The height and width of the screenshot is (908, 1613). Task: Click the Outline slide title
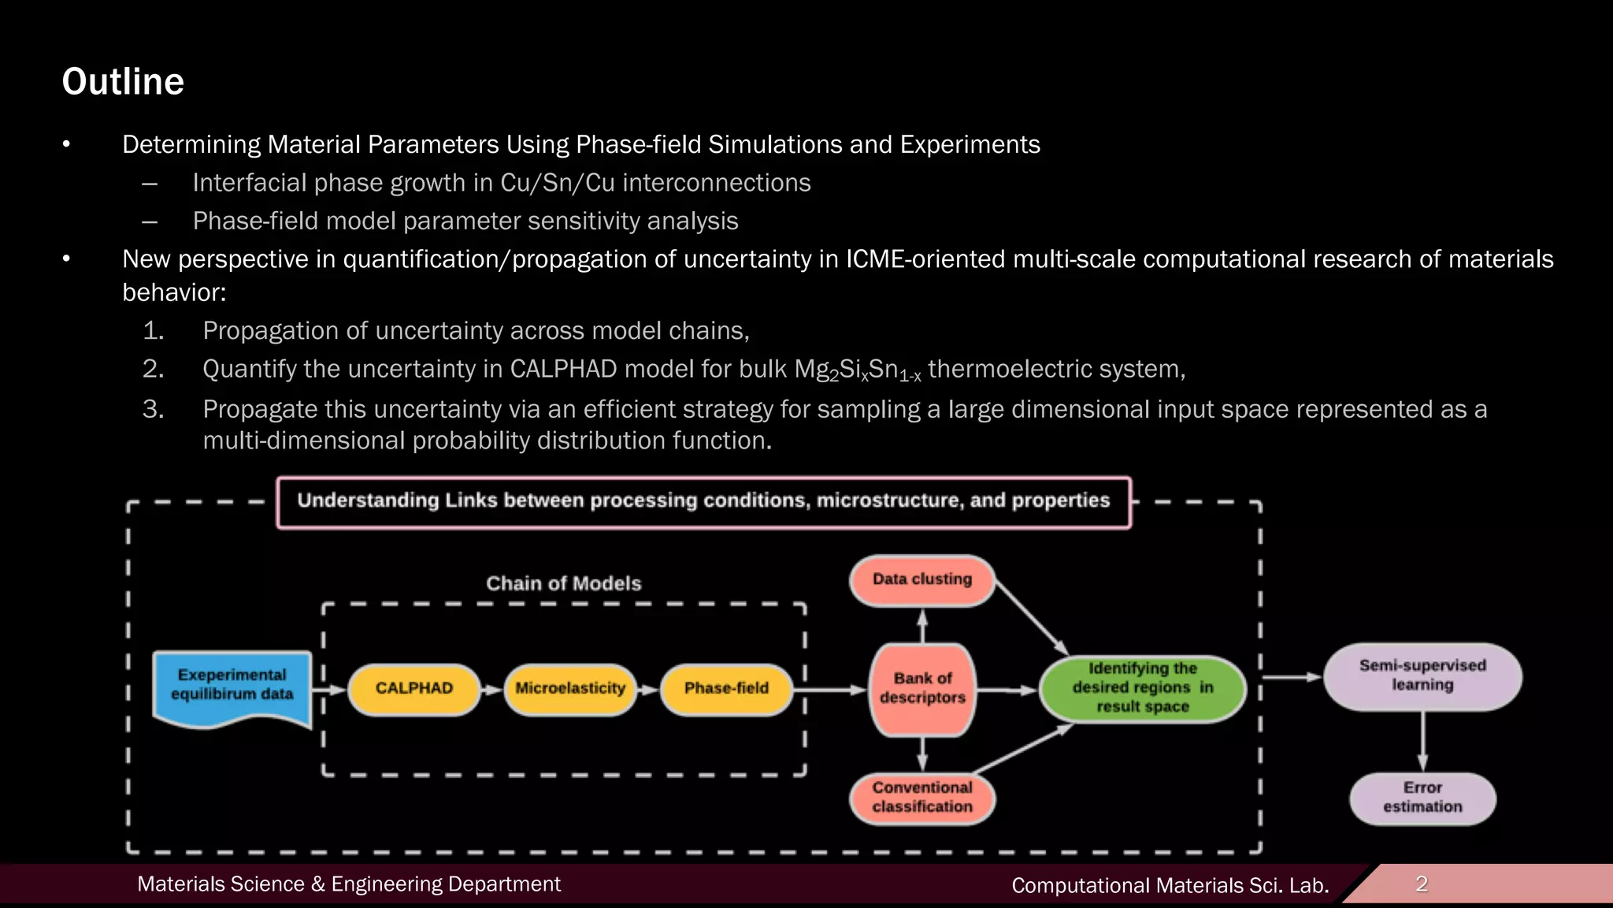point(123,82)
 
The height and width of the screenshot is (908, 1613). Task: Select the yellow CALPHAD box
point(414,689)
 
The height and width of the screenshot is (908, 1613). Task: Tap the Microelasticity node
point(570,689)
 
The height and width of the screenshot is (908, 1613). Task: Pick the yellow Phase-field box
point(726,689)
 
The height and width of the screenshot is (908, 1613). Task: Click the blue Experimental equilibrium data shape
point(232,686)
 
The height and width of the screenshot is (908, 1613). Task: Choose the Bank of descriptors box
point(922,689)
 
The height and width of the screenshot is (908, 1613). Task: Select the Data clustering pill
point(922,580)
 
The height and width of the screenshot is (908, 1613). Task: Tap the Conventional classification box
point(922,798)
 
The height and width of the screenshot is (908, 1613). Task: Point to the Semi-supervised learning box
point(1422,676)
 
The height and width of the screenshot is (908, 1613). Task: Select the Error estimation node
point(1422,798)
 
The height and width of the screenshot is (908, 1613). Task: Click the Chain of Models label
point(564,584)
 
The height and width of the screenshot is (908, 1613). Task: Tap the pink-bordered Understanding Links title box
point(703,501)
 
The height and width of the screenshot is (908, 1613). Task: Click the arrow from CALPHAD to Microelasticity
point(492,690)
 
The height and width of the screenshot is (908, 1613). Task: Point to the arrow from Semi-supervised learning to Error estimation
point(1422,741)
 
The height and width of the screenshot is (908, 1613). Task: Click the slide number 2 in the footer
point(1422,884)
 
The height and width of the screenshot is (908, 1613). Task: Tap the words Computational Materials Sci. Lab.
point(1170,886)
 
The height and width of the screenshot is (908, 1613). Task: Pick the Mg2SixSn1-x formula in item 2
point(858,370)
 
